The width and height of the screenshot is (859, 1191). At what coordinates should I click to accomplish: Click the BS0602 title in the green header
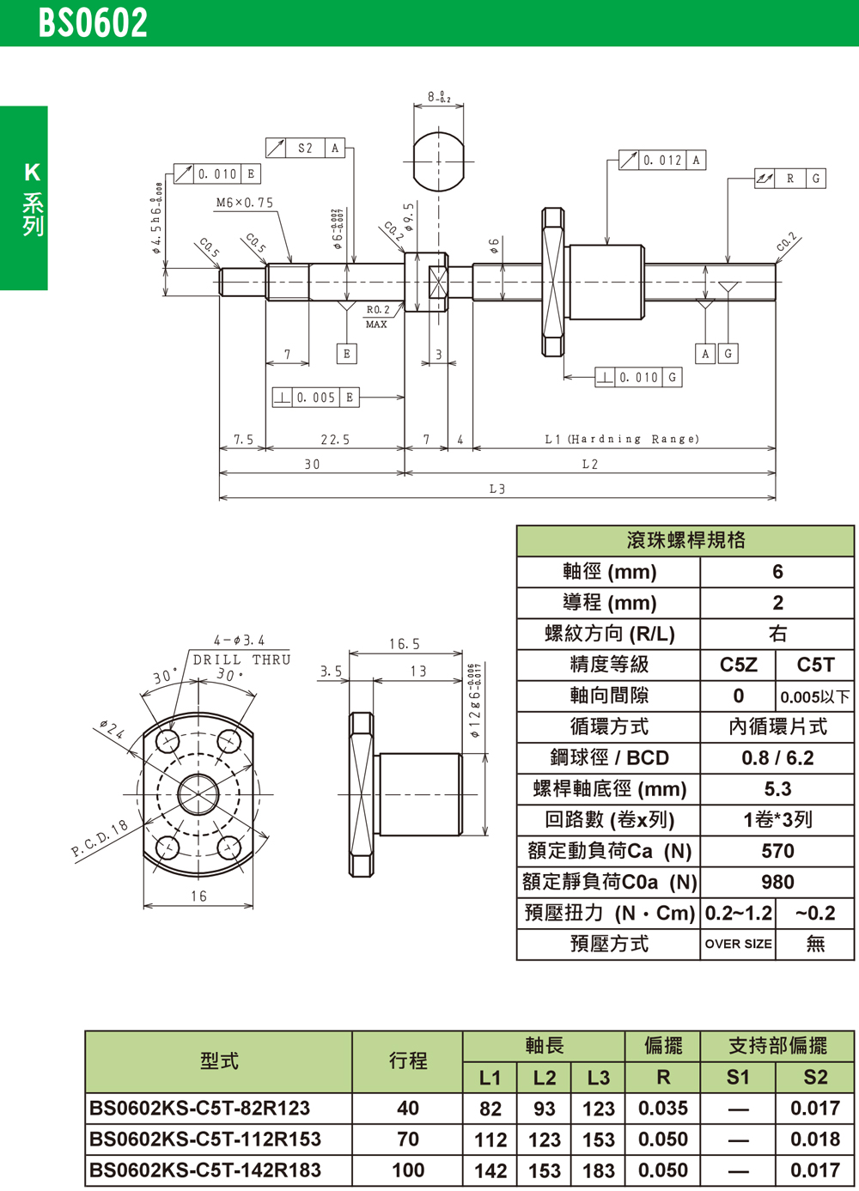tap(93, 23)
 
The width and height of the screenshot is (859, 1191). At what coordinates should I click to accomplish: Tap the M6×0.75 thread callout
tap(245, 204)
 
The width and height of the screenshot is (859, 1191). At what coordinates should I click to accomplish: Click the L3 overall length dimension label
tap(497, 489)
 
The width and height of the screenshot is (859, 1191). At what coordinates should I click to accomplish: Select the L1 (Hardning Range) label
tap(622, 439)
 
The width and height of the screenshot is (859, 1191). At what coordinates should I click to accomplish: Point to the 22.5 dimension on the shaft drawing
tap(335, 440)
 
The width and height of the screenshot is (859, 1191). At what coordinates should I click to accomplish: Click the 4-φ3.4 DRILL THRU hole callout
tap(240, 649)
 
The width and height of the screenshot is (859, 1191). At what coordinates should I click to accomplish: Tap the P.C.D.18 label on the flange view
tap(100, 839)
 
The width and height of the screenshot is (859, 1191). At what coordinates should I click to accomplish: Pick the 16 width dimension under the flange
tap(198, 896)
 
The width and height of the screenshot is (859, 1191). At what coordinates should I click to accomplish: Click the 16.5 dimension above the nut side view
tap(404, 644)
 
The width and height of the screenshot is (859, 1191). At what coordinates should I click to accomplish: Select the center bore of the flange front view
tap(198, 793)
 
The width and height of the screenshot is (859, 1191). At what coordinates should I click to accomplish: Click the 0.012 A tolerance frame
tap(662, 161)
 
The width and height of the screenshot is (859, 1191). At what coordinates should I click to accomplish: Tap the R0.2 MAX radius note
tap(377, 316)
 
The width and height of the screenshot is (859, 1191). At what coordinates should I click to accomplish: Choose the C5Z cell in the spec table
tap(738, 665)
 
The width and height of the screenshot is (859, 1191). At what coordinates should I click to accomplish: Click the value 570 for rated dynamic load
tap(777, 851)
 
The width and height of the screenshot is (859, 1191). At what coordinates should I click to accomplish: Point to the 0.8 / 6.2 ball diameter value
tap(777, 758)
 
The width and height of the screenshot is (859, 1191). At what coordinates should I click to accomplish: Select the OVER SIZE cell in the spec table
tap(738, 944)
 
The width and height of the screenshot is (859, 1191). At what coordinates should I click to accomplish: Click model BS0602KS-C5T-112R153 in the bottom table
tap(205, 1139)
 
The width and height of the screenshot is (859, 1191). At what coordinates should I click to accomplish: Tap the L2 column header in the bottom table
tap(545, 1078)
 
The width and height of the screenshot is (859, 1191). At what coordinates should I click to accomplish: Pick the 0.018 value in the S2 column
tap(815, 1139)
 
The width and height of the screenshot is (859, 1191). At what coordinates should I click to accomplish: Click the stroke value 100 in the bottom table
tap(408, 1170)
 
